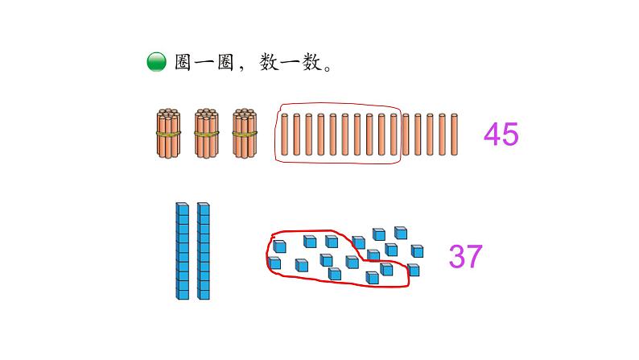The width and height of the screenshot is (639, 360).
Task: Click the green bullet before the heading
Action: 156,63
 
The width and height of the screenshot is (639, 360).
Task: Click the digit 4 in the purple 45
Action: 493,134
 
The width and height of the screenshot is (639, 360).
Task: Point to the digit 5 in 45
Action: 510,134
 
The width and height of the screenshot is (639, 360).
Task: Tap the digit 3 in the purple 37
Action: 457,256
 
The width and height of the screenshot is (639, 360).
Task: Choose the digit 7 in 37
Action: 474,256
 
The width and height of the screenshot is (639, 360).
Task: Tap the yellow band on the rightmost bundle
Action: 245,134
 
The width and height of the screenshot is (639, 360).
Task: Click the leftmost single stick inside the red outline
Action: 285,134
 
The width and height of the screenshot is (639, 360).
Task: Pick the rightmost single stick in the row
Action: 456,134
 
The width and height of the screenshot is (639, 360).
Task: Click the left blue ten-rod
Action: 183,250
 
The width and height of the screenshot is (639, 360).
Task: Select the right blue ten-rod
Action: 203,250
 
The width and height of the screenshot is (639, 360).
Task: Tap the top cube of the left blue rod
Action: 183,209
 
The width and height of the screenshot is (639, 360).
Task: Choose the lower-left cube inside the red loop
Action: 275,263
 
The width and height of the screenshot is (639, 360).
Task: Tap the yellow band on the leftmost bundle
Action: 169,134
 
